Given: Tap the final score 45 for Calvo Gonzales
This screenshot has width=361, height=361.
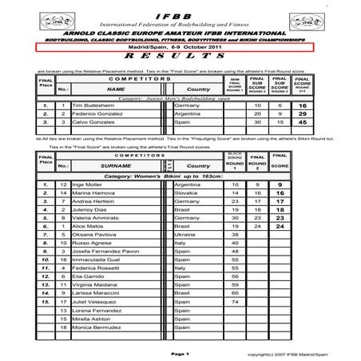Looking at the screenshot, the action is [303, 123].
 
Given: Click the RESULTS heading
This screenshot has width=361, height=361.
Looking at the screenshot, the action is [177, 58].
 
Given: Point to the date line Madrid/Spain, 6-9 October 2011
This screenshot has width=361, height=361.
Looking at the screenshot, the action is [177, 48].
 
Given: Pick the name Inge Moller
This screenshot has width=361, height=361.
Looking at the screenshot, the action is [87, 184].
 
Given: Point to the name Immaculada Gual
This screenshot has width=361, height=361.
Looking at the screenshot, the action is [95, 260].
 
